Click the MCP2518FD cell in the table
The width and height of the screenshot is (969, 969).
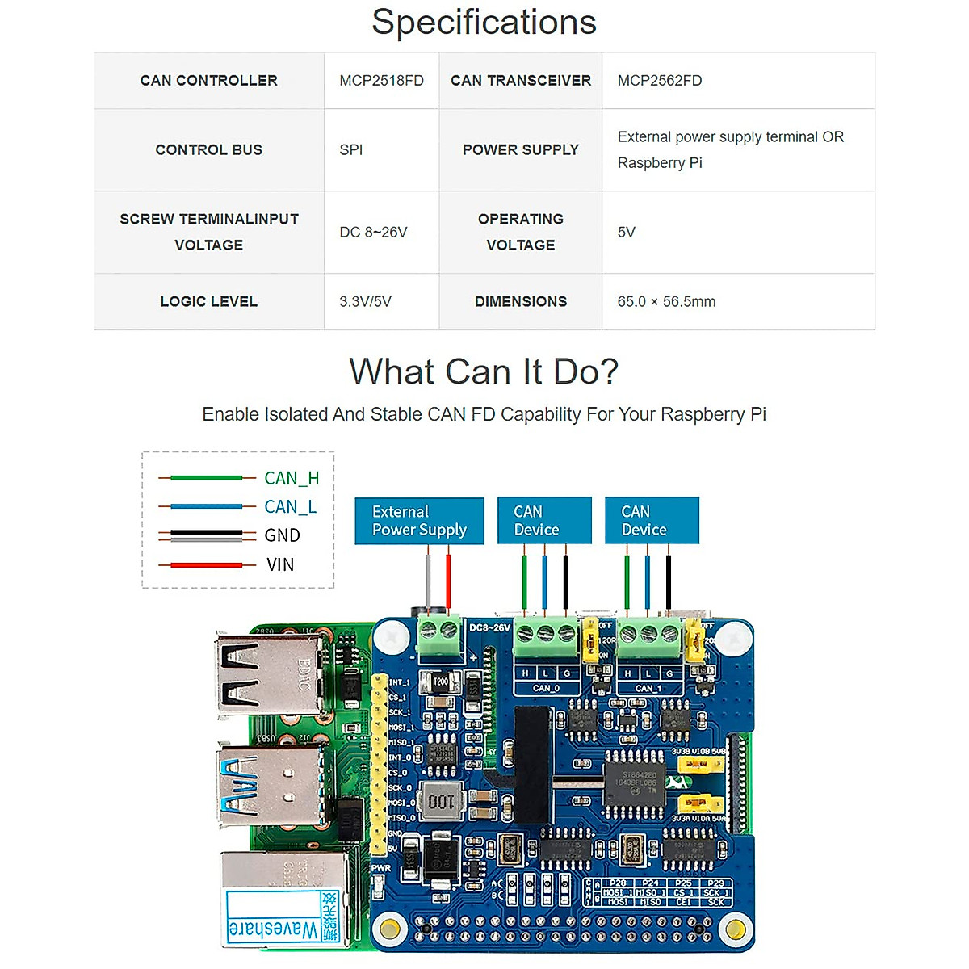pos(381,81)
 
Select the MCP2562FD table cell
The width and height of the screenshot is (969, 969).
pos(659,81)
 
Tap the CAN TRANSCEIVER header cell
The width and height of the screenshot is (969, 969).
pos(521,81)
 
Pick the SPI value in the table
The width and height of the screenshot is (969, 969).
pos(351,150)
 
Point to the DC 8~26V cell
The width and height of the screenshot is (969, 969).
pos(373,233)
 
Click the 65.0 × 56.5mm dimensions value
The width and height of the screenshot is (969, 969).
pos(666,302)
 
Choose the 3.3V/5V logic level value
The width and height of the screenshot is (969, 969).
pos(365,302)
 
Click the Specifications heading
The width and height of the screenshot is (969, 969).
pos(484,23)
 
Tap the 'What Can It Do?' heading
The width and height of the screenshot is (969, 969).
pos(484,372)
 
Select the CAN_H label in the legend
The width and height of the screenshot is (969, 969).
pos(292,478)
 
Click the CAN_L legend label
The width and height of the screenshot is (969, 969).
pos(290,507)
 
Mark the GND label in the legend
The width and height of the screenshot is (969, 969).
pos(282,535)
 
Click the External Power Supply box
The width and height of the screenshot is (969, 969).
pos(419,521)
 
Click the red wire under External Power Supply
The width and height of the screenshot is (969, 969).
pos(448,577)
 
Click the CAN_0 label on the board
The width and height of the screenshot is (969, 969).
pos(546,688)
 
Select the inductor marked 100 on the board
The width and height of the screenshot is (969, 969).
pos(441,801)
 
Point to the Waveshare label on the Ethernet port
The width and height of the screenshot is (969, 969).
pos(273,929)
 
